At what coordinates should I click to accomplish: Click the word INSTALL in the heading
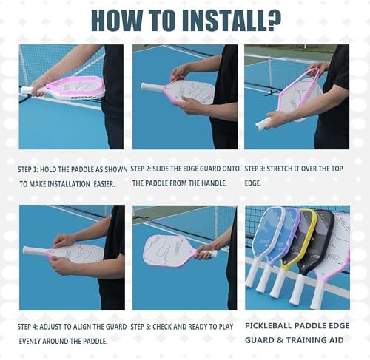[x=220, y=21]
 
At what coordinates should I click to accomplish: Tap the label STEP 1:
[x=28, y=169]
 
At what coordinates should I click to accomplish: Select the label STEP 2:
[x=141, y=169]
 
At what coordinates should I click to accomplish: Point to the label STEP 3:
[x=255, y=169]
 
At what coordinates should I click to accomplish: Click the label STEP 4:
[x=27, y=327]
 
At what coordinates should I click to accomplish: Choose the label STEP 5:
[x=141, y=327]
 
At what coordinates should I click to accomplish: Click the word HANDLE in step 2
[x=214, y=183]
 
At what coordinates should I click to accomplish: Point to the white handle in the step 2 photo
[x=151, y=87]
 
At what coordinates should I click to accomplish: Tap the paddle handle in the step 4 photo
[x=35, y=251]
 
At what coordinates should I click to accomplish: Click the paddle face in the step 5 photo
[x=170, y=251]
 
